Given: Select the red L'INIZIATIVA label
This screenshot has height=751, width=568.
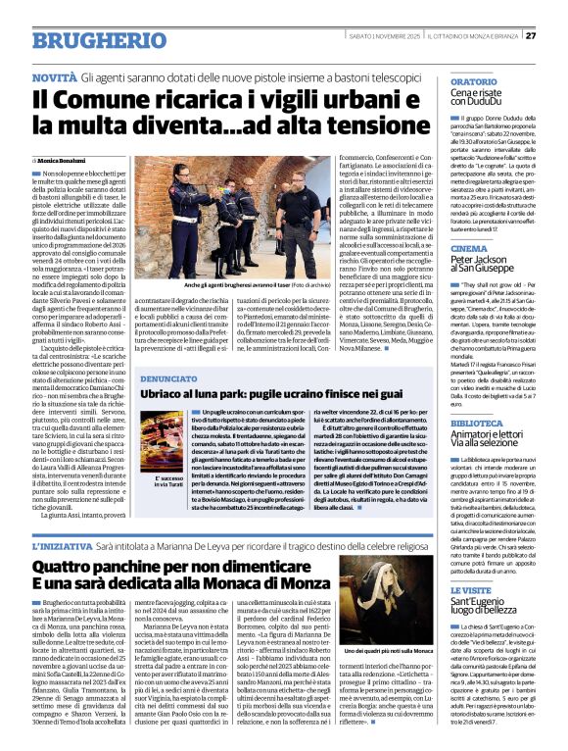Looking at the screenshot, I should click(x=62, y=545).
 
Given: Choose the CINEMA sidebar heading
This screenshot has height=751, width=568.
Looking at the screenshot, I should click(x=470, y=249).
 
